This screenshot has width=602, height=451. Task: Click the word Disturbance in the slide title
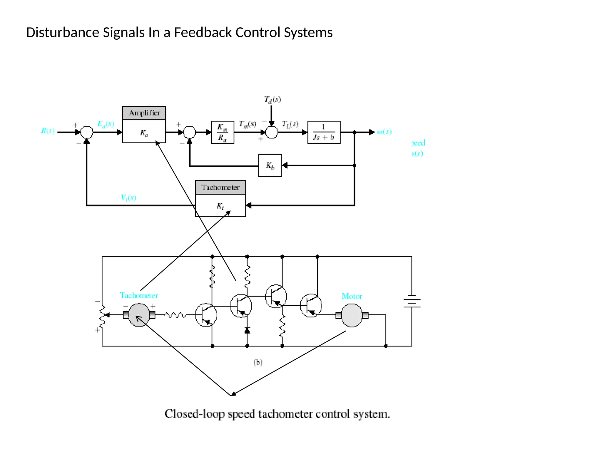pyautogui.click(x=63, y=32)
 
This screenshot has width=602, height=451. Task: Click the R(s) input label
pyautogui.click(x=48, y=131)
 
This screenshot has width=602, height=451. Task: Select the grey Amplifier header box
pyautogui.click(x=144, y=113)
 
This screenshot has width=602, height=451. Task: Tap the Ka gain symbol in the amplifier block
pyautogui.click(x=144, y=133)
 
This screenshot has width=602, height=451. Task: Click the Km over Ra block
pyautogui.click(x=223, y=132)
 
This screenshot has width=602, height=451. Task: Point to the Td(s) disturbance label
pyautogui.click(x=272, y=100)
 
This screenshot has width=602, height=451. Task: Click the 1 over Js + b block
pyautogui.click(x=324, y=132)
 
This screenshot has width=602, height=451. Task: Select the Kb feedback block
pyautogui.click(x=270, y=166)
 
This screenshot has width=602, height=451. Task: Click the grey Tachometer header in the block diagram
pyautogui.click(x=220, y=187)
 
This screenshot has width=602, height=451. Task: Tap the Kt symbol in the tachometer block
pyautogui.click(x=220, y=206)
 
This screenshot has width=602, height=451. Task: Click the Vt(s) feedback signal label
pyautogui.click(x=128, y=197)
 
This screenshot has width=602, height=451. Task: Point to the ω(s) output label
pyautogui.click(x=384, y=132)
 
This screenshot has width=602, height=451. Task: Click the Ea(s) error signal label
pyautogui.click(x=106, y=124)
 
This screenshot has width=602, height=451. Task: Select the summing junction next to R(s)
pyautogui.click(x=87, y=132)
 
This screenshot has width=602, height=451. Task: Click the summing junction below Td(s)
pyautogui.click(x=271, y=132)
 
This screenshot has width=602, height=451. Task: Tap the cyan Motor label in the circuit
pyautogui.click(x=352, y=296)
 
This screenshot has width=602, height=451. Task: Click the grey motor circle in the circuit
pyautogui.click(x=352, y=315)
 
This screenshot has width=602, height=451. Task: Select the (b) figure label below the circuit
pyautogui.click(x=258, y=362)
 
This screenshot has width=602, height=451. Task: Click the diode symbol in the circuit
pyautogui.click(x=247, y=331)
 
